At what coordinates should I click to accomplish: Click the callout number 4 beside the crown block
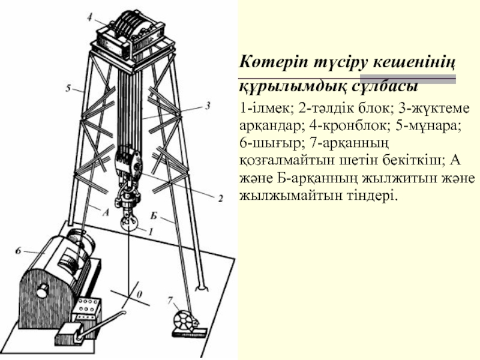pos(89,18)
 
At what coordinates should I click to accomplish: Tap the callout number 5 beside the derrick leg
pos(68,88)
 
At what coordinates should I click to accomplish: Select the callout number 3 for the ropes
pos(208,106)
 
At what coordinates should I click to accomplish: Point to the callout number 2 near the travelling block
pos(220,199)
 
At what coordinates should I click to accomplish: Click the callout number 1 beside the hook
pos(151,232)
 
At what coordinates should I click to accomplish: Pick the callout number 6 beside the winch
pos(19,251)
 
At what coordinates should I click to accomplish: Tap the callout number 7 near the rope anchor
pos(170,301)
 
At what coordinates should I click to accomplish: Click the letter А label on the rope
pos(106,212)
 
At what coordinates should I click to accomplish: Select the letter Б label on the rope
pos(154,216)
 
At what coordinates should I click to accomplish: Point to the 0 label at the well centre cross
pos(139,295)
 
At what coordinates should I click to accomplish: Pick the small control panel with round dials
pos(87,307)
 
